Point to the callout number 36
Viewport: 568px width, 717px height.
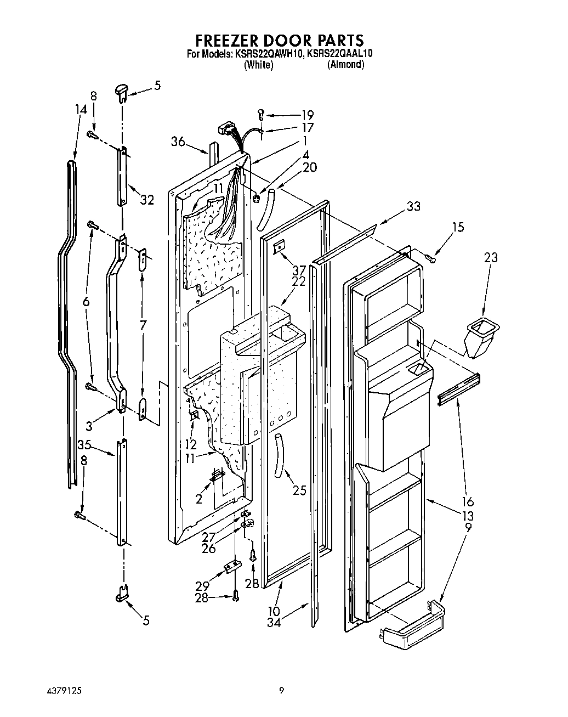pos(177,141)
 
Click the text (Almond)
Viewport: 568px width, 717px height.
pos(345,65)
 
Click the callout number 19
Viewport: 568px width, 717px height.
pos(307,115)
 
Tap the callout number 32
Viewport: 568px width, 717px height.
pos(146,200)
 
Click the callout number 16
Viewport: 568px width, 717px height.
pos(468,501)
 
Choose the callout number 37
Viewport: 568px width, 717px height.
pos(298,269)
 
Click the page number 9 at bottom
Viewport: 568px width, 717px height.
pos(281,690)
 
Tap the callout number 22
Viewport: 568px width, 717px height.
pos(298,281)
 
